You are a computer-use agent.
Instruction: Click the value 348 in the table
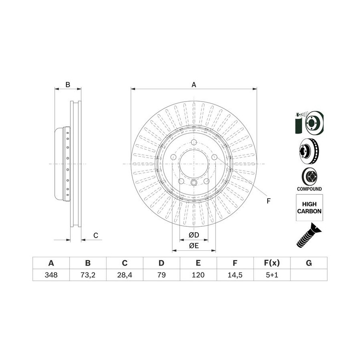51,275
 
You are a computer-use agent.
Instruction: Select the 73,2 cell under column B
88,275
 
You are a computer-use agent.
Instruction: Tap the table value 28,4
125,275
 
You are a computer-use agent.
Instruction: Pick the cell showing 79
162,275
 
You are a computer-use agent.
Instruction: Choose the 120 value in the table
198,275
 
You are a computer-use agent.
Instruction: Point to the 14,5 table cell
235,275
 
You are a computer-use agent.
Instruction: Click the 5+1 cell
272,275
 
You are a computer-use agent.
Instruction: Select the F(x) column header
272,263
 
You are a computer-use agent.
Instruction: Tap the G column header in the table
309,263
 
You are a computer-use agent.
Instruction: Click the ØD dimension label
194,235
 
